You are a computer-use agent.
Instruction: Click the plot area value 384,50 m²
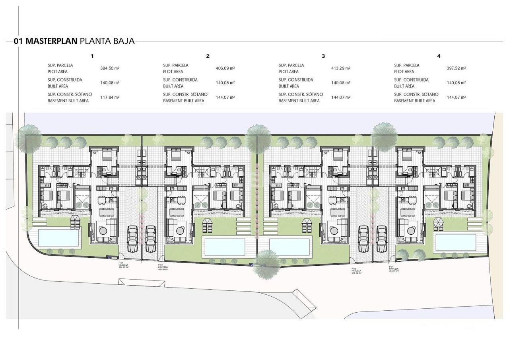pyautogui.click(x=110, y=68)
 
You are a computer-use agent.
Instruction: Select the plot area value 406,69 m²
pyautogui.click(x=225, y=68)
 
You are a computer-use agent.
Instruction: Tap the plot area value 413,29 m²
pyautogui.click(x=341, y=68)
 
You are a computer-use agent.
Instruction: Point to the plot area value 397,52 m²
pyautogui.click(x=456, y=68)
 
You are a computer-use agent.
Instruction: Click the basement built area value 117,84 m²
pyautogui.click(x=110, y=97)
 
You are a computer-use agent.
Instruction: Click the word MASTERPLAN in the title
pyautogui.click(x=51, y=41)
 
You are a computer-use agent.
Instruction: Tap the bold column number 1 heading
pyautogui.click(x=92, y=56)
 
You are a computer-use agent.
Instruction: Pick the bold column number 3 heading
pyautogui.click(x=323, y=56)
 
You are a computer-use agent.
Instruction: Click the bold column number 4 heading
pyautogui.click(x=439, y=56)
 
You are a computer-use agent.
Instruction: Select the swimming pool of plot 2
pyautogui.click(x=224, y=247)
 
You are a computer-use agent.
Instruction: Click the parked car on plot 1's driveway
pyautogui.click(x=132, y=239)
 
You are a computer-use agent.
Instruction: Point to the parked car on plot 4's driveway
pyautogui.click(x=382, y=239)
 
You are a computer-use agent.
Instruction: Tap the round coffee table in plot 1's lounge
pyautogui.click(x=103, y=230)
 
